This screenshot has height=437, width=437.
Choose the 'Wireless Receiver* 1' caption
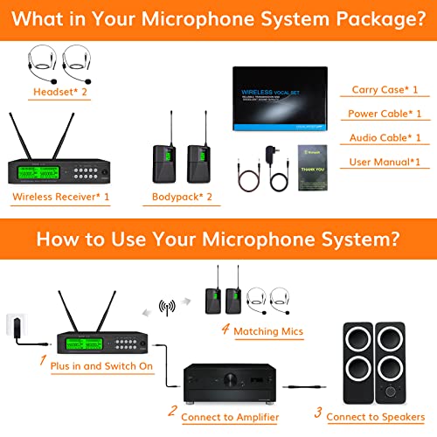point(61,197)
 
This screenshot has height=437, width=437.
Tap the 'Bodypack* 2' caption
point(184,197)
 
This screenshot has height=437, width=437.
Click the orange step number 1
point(41,356)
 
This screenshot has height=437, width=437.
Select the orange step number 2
point(171,412)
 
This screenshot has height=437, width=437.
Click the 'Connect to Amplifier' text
point(230,417)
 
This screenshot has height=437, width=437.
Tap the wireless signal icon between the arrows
point(167,309)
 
